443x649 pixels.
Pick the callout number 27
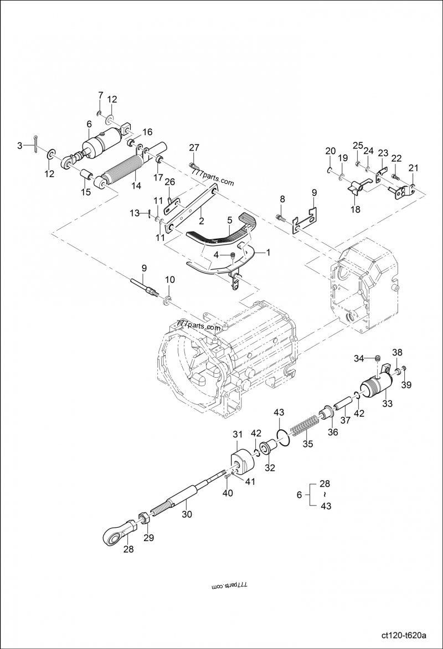[x=193, y=147]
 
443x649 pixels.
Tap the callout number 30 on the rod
[x=187, y=514]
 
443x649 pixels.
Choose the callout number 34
[x=359, y=359]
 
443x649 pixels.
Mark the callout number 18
[x=355, y=209]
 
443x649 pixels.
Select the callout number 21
[x=414, y=168]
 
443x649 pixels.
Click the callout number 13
[x=135, y=213]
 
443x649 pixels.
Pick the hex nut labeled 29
[x=143, y=519]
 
